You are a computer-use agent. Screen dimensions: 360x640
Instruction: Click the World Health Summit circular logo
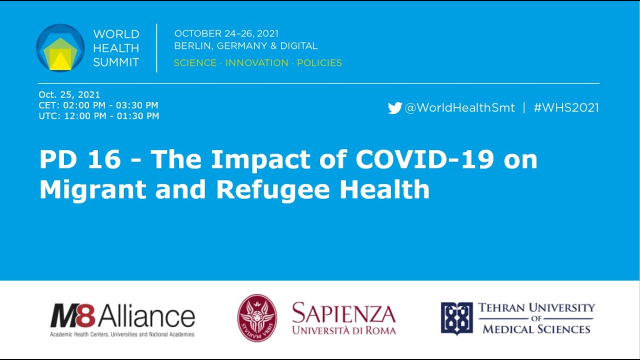(60, 48)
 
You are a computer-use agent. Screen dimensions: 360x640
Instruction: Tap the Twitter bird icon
(394, 108)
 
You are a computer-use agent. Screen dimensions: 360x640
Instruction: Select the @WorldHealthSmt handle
(459, 108)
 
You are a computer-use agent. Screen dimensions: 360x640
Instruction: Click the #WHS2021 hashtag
(566, 108)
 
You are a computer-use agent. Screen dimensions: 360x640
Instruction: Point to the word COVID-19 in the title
(424, 159)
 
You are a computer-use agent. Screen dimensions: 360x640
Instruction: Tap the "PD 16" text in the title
(80, 159)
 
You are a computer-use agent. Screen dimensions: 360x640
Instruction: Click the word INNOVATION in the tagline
(256, 63)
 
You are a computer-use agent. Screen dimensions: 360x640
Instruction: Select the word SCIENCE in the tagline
(195, 63)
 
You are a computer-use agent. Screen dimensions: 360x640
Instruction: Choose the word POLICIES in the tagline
(319, 63)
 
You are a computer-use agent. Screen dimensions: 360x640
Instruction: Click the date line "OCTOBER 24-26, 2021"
(226, 34)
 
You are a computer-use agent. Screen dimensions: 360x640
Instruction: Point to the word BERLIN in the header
(192, 46)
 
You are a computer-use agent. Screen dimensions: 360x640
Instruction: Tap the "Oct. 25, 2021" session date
(69, 94)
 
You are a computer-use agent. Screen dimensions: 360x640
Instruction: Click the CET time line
(98, 105)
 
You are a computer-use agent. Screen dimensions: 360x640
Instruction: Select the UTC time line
(98, 116)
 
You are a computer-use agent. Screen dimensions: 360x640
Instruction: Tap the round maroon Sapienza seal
(257, 318)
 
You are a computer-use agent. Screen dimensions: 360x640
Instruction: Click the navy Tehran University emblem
(456, 318)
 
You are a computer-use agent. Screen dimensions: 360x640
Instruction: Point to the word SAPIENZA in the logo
(343, 313)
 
